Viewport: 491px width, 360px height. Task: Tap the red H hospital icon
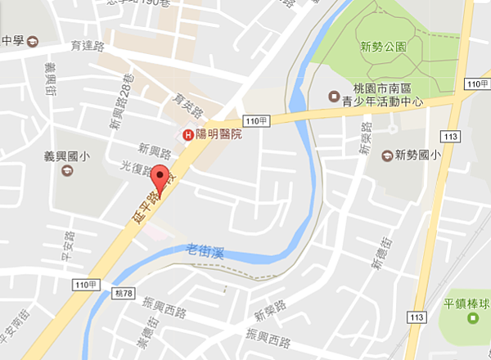pyautogui.click(x=188, y=135)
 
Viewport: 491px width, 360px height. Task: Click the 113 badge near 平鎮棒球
pyautogui.click(x=418, y=316)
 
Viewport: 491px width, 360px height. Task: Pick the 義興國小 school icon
pyautogui.click(x=65, y=171)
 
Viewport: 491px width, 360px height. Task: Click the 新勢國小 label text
pyautogui.click(x=418, y=153)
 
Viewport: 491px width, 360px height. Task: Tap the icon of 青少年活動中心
pyautogui.click(x=333, y=96)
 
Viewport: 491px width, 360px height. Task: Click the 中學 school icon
pyautogui.click(x=32, y=41)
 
